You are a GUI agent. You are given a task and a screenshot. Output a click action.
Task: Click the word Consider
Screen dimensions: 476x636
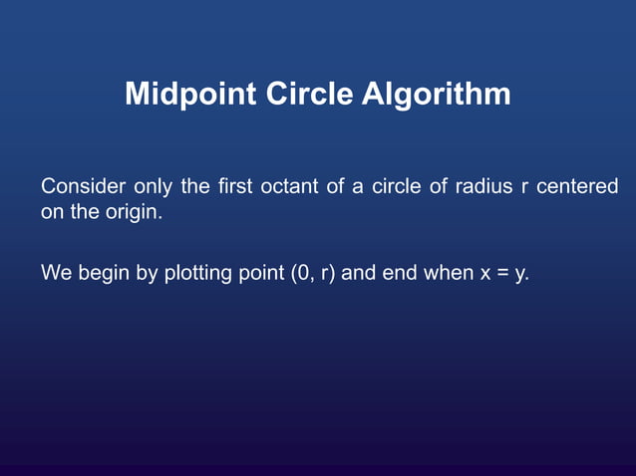click(83, 187)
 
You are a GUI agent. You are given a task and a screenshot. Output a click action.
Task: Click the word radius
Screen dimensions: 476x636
click(483, 187)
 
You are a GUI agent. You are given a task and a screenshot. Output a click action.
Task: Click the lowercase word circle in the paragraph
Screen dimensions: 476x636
click(397, 187)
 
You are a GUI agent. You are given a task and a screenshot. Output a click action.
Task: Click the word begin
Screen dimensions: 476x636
click(103, 273)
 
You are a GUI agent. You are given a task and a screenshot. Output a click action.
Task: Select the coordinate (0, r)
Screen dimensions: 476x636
click(313, 273)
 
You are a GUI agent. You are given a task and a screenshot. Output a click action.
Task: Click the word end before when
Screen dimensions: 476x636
click(399, 272)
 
